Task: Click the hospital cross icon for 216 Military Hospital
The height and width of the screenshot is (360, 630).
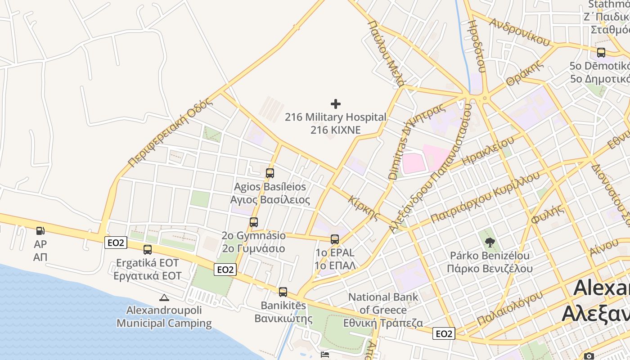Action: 335,104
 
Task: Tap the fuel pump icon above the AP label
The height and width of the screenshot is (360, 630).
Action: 40,231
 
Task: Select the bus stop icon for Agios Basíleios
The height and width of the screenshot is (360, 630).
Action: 270,173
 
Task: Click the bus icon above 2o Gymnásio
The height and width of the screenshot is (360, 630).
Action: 254,222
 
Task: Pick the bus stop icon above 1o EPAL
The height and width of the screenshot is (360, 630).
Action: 334,239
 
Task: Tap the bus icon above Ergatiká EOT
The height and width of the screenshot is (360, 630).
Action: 147,249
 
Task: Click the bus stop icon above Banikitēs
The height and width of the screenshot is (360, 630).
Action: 283,292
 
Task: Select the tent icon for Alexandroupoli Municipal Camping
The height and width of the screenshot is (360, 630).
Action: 164,297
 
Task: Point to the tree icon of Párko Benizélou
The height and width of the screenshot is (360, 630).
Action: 490,243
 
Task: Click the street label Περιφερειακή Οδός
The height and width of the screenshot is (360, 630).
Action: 170,133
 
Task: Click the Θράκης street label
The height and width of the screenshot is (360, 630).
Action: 525,74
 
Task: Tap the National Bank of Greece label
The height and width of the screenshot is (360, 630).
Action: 383,310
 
